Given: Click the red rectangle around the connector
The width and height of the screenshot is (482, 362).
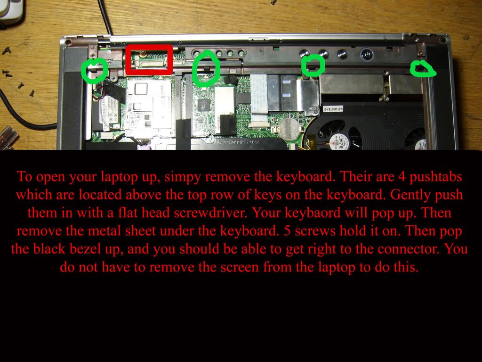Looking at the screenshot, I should (150, 47).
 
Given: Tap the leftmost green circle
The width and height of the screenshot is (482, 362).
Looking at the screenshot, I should (94, 71).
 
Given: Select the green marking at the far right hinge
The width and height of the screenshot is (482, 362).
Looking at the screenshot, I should (423, 69).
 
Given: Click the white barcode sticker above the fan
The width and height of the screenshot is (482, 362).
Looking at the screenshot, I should (332, 108).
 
